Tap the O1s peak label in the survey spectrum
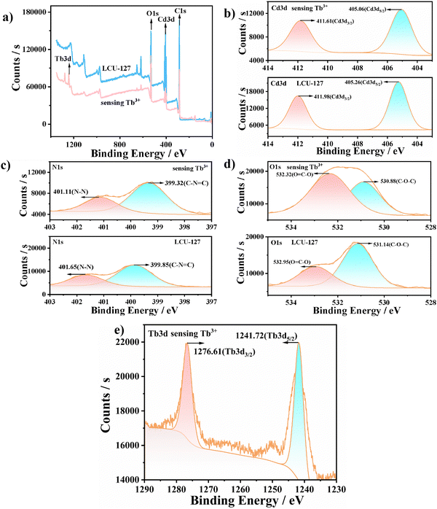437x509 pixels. (x=151, y=12)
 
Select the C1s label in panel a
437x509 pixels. (x=182, y=11)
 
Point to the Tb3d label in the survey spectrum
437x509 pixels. (x=63, y=57)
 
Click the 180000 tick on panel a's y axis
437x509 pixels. (x=33, y=12)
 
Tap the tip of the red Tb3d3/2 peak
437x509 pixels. (x=187, y=343)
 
